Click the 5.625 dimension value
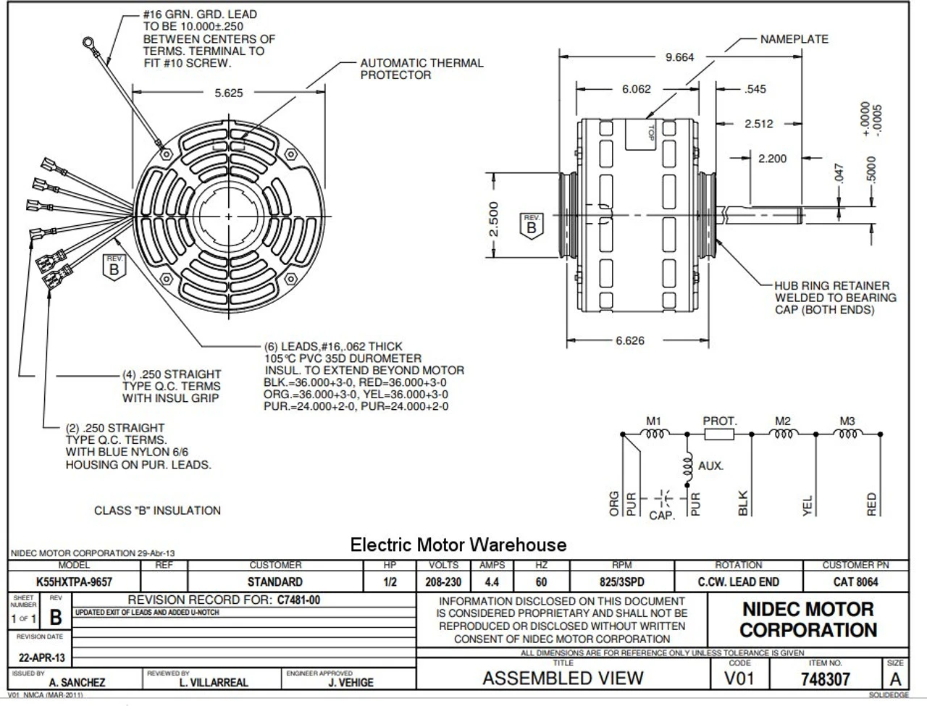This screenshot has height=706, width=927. tap(228, 93)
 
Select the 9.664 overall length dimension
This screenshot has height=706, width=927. tap(679, 57)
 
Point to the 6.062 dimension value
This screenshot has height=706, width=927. tap(636, 89)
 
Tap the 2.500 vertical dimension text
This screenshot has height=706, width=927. tap(493, 219)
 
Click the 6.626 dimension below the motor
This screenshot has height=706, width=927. tap(629, 340)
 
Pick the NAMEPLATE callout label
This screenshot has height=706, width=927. tap(794, 39)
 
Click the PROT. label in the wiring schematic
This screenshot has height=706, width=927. tap(719, 421)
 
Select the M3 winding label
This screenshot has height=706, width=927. tap(847, 421)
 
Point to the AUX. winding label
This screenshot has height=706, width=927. tap(710, 466)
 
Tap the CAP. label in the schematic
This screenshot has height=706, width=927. tap(662, 516)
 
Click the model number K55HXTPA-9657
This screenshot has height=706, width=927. tap(75, 581)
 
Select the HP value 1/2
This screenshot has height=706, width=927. tap(390, 581)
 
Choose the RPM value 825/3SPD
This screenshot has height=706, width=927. tap(621, 581)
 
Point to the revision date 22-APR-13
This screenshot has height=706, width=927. tap(41, 657)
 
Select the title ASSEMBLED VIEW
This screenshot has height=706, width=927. tap(563, 678)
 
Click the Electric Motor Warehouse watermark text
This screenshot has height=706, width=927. tap(458, 545)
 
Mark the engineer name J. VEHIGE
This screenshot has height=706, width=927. tap(351, 682)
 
